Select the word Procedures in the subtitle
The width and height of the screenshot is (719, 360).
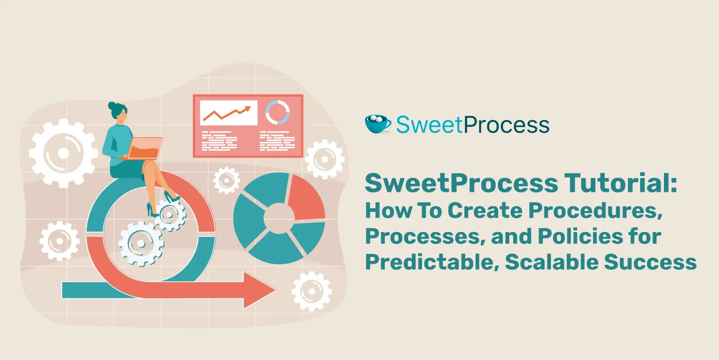[596, 211]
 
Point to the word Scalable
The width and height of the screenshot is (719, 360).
[552, 262]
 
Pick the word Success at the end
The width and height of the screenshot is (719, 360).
[651, 262]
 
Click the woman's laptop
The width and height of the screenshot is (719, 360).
[142, 149]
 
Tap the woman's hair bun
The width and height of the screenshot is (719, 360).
[112, 106]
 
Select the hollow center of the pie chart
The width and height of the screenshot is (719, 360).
[279, 218]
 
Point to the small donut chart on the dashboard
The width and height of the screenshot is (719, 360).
[278, 112]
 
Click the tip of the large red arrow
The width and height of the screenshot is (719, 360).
[276, 291]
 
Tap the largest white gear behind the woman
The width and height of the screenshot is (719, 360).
[63, 153]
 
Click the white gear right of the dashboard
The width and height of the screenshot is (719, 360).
[324, 159]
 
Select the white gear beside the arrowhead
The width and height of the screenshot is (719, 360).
[312, 292]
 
